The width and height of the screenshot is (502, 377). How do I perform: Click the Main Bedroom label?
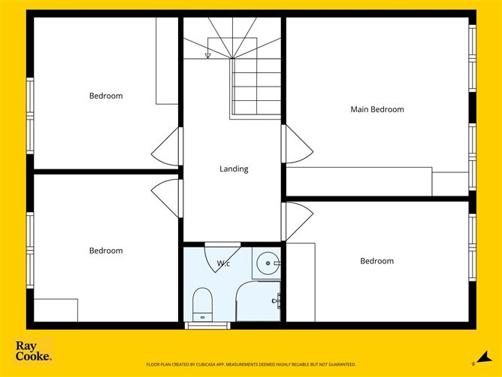(x=377, y=109)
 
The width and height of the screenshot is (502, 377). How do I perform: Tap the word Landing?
(x=234, y=169)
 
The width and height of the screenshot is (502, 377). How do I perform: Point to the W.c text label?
(x=223, y=263)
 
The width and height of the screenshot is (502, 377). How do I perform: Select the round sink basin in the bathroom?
(x=268, y=263)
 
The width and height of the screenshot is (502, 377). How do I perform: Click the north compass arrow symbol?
(x=476, y=356)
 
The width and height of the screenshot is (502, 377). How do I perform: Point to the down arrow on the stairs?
(x=207, y=54)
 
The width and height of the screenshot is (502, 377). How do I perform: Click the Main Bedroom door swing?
(x=298, y=144)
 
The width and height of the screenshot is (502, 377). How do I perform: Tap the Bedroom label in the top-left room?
(x=106, y=96)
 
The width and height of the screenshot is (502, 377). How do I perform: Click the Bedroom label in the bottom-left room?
(x=106, y=251)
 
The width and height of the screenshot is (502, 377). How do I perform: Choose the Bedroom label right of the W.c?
(x=376, y=261)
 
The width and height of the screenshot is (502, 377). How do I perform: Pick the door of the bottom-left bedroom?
(x=167, y=198)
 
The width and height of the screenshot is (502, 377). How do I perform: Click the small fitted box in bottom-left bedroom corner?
(x=56, y=310)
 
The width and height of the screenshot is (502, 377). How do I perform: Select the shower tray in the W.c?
(x=258, y=303)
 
